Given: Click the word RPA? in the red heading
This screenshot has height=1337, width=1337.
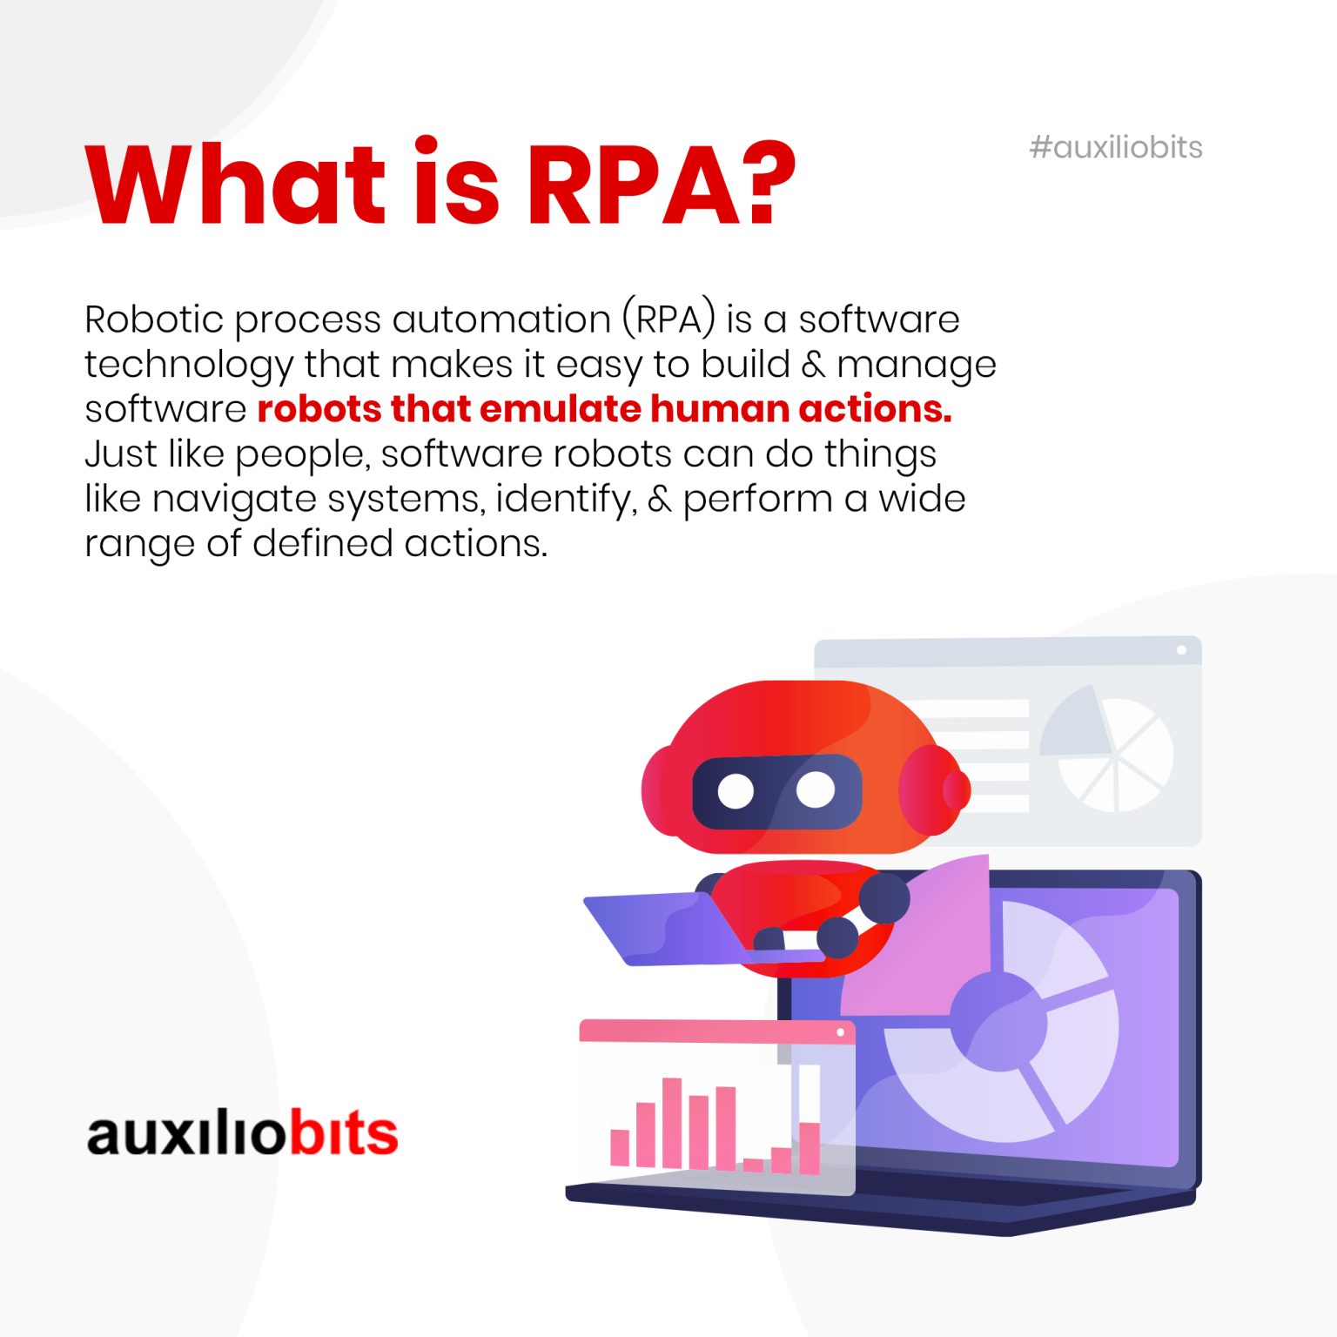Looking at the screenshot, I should pyautogui.click(x=662, y=185).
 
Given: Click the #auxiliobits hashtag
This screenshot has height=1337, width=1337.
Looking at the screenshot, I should pyautogui.click(x=1115, y=148).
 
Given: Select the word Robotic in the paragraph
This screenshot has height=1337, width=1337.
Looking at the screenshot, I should pyautogui.click(x=154, y=319).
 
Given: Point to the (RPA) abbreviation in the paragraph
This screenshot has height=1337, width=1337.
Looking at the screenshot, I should pyautogui.click(x=668, y=319).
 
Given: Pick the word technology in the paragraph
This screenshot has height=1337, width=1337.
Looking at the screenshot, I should pyautogui.click(x=188, y=366).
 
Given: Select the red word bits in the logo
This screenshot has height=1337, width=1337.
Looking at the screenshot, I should pyautogui.click(x=343, y=1133).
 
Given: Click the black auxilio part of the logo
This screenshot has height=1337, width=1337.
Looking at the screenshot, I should pyautogui.click(x=186, y=1133).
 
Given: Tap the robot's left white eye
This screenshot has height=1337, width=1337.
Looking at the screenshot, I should pyautogui.click(x=736, y=790).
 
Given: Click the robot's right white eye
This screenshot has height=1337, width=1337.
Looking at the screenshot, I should pyautogui.click(x=816, y=789).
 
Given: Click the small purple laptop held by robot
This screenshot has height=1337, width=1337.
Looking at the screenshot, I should pyautogui.click(x=662, y=930).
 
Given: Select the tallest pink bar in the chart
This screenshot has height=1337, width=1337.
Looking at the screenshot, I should pyautogui.click(x=672, y=1123).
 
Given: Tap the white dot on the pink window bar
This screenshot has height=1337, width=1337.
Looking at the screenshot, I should pyautogui.click(x=840, y=1032).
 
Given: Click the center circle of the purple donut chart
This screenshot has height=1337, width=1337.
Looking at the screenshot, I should pyautogui.click(x=998, y=1021).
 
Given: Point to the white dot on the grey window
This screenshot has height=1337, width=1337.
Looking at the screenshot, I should pyautogui.click(x=1181, y=650).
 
